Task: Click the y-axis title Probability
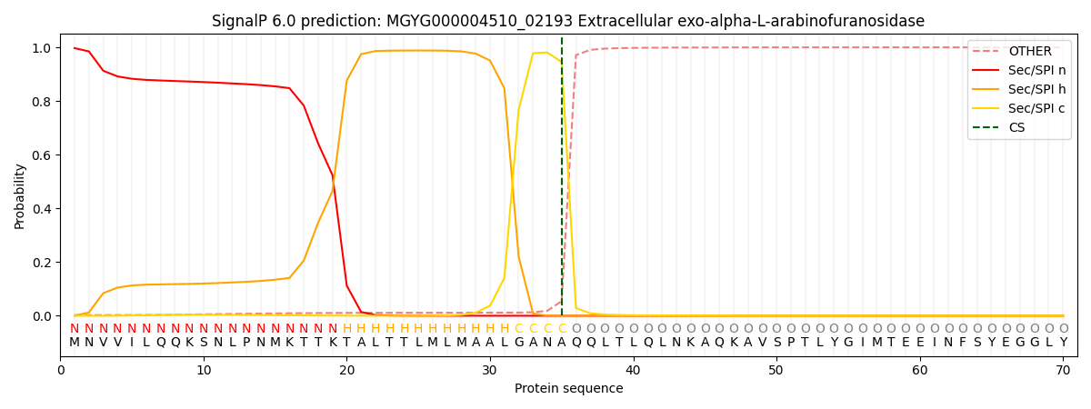click(x=20, y=196)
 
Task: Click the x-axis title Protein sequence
click(x=569, y=388)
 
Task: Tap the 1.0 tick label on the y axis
click(x=42, y=48)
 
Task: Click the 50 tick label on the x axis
click(x=776, y=370)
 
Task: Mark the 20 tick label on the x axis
click(x=346, y=370)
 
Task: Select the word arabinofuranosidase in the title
click(x=854, y=21)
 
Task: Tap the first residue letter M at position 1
click(x=75, y=343)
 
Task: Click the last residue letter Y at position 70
click(x=1063, y=343)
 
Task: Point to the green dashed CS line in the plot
click(x=562, y=182)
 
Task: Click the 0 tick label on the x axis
click(x=61, y=370)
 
